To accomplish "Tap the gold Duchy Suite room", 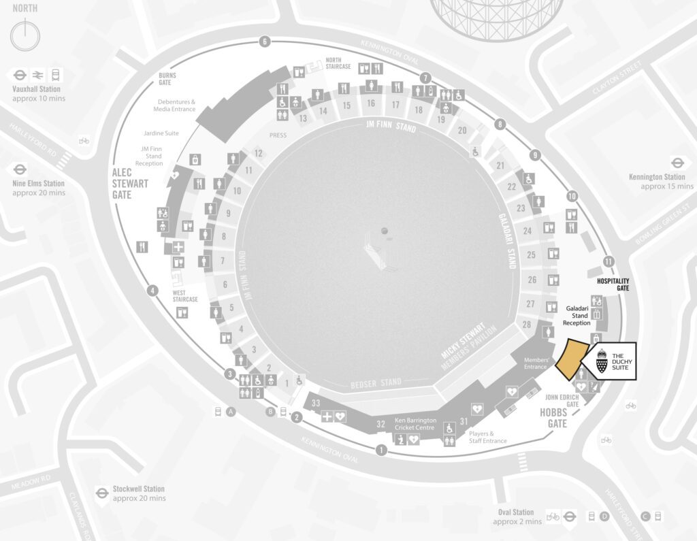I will [571, 359].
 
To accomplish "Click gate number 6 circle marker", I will [264, 42].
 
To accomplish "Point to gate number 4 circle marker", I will [153, 291].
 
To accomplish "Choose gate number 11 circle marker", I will [608, 261].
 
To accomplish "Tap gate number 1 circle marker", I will [381, 450].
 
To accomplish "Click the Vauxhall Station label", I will [36, 89].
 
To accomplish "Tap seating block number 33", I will [316, 403].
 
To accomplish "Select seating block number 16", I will [370, 103].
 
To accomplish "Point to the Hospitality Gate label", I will [613, 284].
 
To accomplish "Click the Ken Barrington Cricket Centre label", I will [415, 424].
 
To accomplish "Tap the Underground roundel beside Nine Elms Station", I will [20, 169].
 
